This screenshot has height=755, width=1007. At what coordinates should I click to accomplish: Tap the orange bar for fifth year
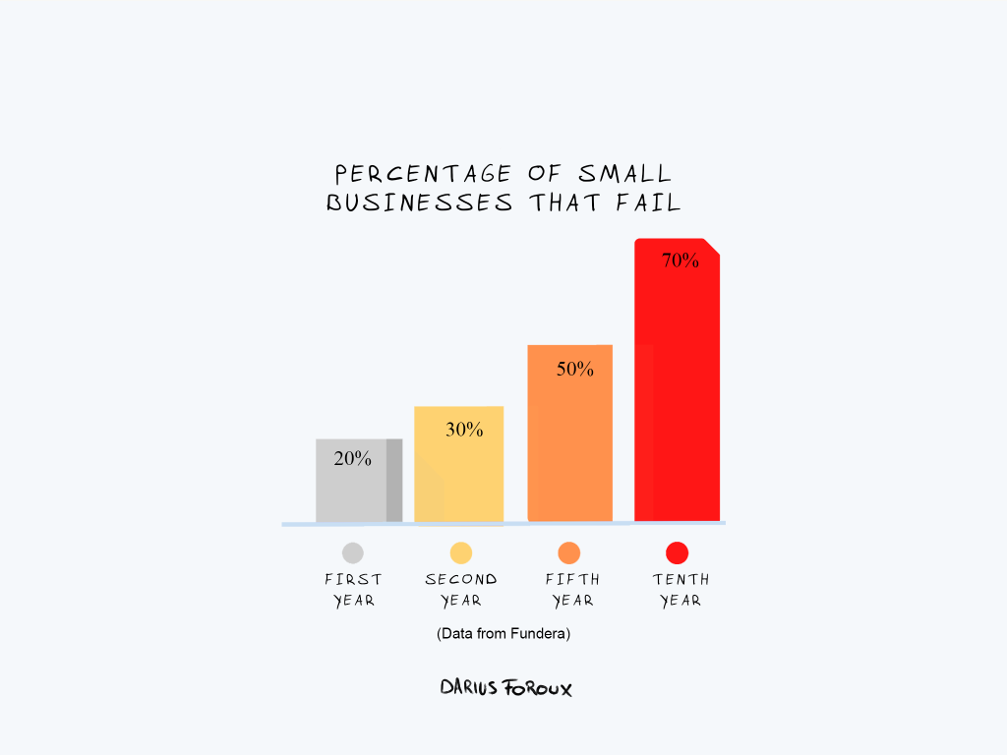[569, 442]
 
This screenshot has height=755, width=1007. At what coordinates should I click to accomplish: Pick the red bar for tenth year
[677, 393]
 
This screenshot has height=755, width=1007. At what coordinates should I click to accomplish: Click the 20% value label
[353, 458]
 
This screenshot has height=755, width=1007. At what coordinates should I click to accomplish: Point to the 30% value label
[464, 430]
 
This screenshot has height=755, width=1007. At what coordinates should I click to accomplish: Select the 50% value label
[575, 370]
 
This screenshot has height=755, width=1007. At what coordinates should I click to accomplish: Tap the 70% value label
[681, 261]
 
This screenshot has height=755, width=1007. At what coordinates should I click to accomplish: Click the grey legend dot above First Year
[353, 552]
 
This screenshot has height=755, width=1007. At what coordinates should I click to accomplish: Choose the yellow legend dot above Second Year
[461, 552]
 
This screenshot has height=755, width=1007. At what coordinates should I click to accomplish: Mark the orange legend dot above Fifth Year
[569, 552]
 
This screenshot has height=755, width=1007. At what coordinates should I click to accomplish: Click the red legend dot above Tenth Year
[678, 552]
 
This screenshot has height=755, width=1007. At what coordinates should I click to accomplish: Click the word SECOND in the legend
[461, 579]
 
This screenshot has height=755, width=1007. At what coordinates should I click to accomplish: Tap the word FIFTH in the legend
[572, 579]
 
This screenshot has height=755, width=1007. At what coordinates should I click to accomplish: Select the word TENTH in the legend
[681, 579]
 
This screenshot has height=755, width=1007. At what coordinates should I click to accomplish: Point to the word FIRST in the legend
[353, 579]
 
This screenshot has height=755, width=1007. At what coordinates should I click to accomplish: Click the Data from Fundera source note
[503, 634]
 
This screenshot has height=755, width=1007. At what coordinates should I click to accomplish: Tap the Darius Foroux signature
[505, 687]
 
